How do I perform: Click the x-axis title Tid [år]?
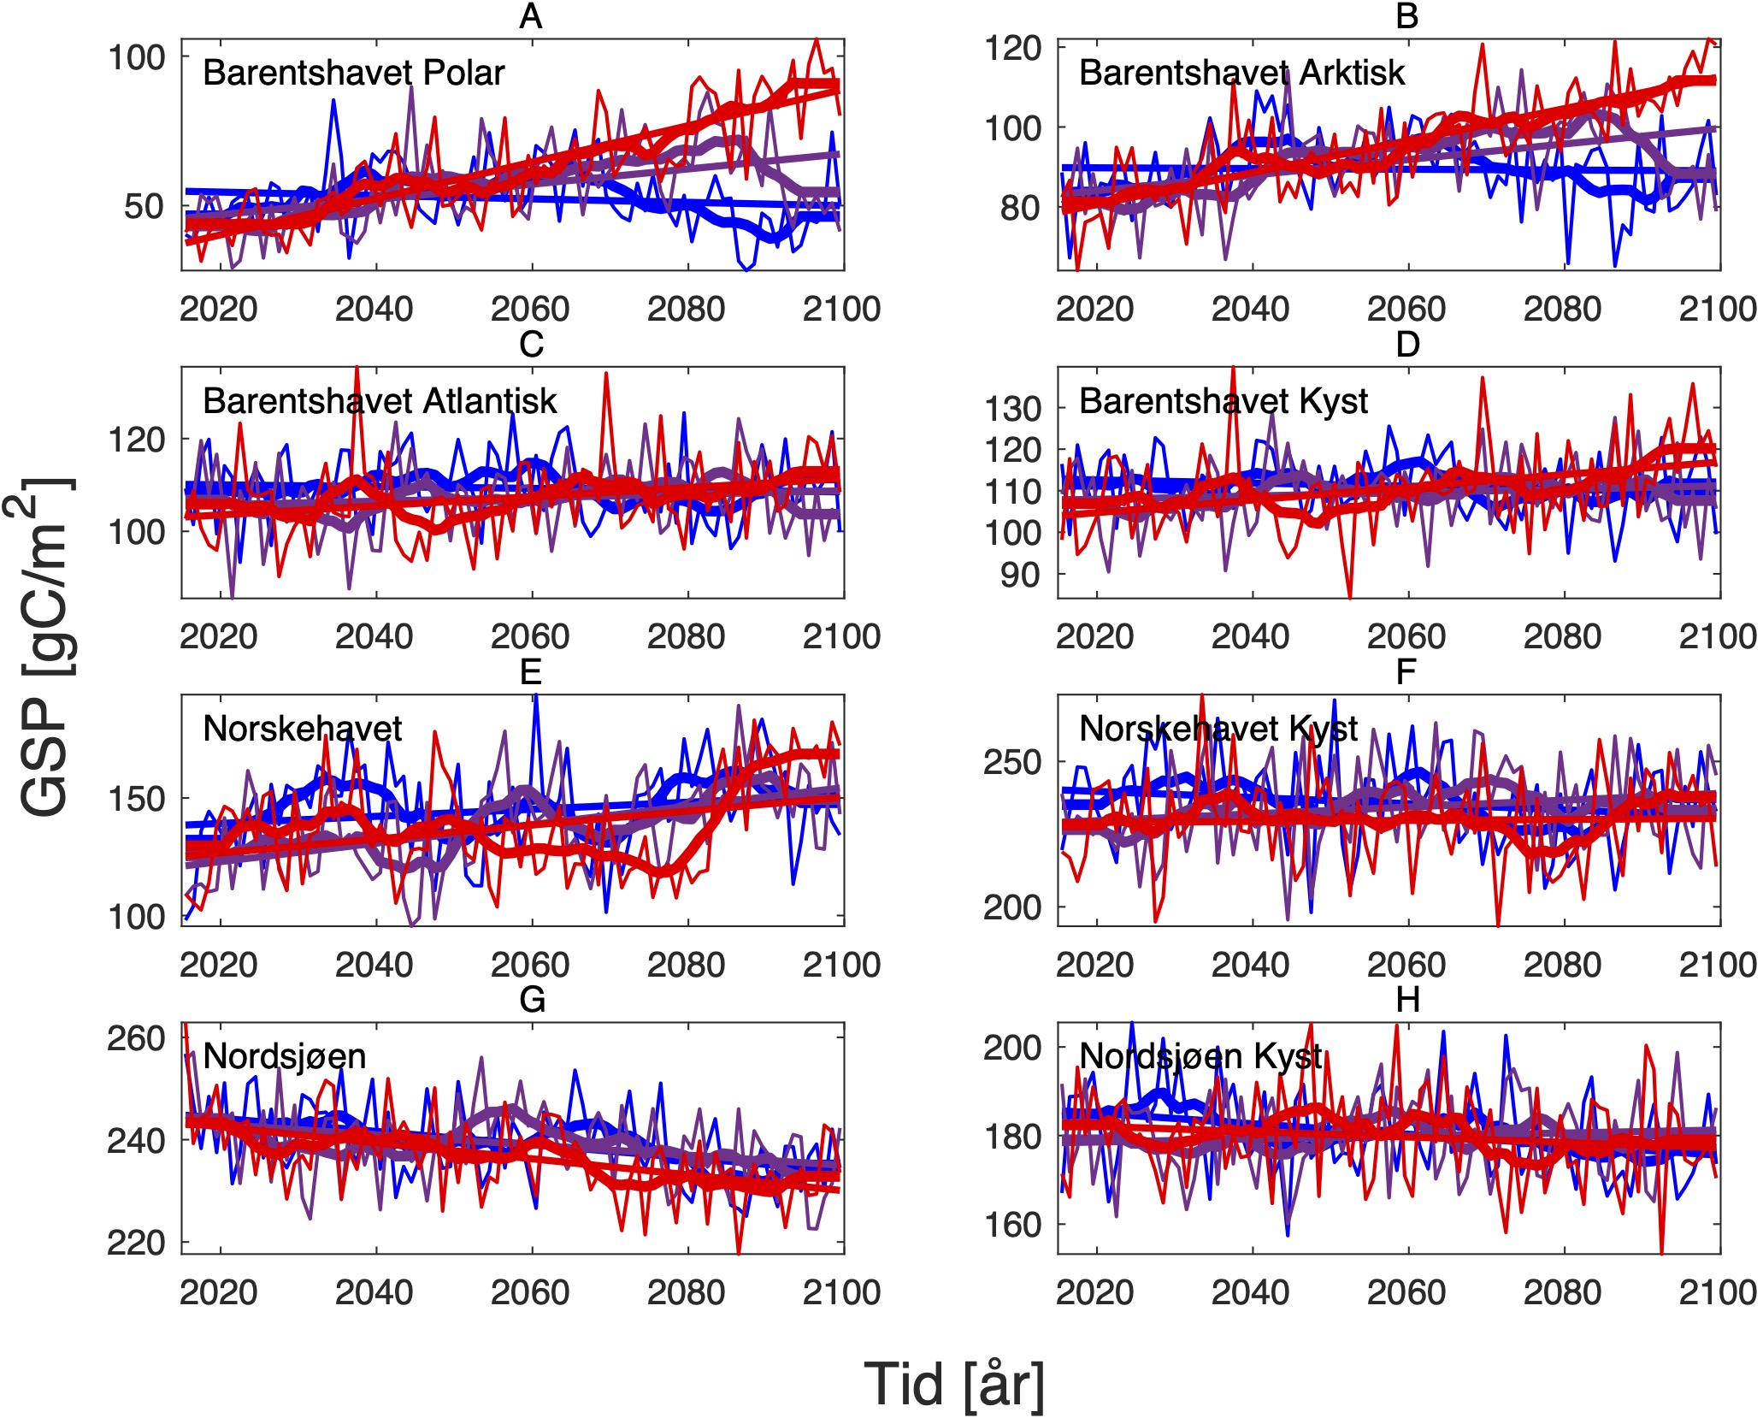click(953, 1385)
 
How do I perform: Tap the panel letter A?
click(531, 16)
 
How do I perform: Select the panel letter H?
click(1407, 1000)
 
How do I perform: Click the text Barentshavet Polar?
click(353, 74)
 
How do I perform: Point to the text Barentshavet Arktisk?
click(1241, 74)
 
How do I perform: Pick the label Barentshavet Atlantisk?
click(380, 401)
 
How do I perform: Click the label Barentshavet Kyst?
click(1223, 401)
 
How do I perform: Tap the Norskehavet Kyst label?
click(1218, 729)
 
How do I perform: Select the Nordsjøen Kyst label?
click(1200, 1057)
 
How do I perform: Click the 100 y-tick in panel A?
click(136, 57)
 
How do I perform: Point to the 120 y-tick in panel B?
click(1013, 48)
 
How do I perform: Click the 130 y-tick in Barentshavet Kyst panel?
click(1013, 409)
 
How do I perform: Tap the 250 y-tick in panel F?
click(1013, 761)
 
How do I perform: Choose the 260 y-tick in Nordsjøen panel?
click(136, 1038)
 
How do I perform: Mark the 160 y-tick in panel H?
click(1013, 1225)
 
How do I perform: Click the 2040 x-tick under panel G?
click(374, 1292)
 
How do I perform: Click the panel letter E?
click(531, 672)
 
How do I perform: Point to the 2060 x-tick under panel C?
click(530, 636)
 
